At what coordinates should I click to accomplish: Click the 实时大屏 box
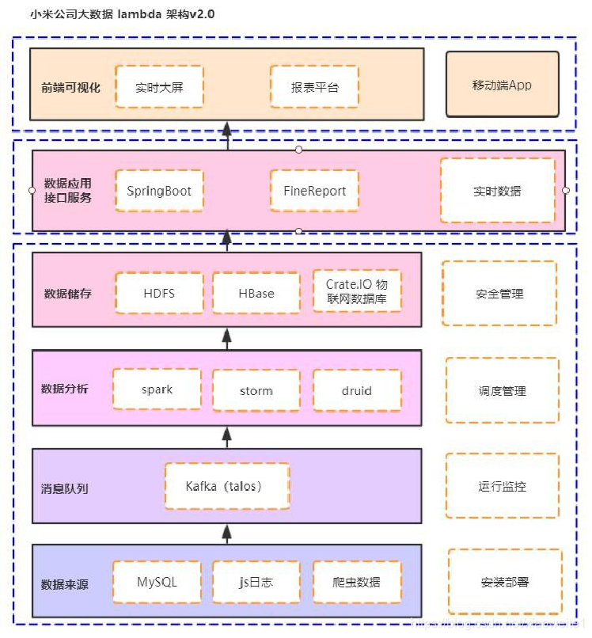(159, 87)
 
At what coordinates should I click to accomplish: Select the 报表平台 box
(314, 87)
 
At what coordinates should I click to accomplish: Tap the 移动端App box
(503, 85)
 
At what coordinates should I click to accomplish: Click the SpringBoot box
(159, 191)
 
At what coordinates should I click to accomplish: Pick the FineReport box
(314, 191)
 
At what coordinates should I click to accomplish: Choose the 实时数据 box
(498, 191)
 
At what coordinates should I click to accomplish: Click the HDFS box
(159, 293)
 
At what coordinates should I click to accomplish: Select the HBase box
(256, 293)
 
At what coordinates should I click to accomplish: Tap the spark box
(157, 389)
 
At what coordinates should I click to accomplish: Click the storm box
(256, 390)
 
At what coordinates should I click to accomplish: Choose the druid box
(356, 390)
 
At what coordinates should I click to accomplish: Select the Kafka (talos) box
(227, 486)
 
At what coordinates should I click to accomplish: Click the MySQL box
(157, 583)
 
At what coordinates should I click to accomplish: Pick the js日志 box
(256, 583)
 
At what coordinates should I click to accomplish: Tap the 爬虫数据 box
(356, 583)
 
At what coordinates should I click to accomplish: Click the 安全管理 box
(499, 294)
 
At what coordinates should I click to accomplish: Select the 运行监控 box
(502, 486)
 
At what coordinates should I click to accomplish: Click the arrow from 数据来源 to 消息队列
(226, 533)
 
